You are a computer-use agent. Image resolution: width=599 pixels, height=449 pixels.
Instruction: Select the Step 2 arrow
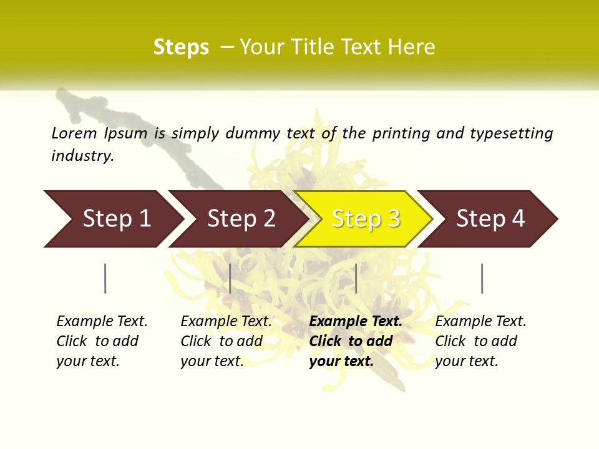(x=240, y=219)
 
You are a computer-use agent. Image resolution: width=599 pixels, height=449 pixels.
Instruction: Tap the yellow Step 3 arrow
(x=365, y=219)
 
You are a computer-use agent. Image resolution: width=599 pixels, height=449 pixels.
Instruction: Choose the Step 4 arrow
(x=490, y=219)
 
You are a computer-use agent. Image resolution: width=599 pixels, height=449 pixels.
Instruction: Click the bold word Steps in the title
(x=181, y=47)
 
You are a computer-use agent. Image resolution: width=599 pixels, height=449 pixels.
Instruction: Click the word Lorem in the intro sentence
(x=74, y=133)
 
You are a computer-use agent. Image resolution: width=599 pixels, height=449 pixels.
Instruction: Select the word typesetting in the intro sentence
(x=511, y=133)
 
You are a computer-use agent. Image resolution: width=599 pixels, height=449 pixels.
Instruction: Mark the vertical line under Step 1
(x=105, y=278)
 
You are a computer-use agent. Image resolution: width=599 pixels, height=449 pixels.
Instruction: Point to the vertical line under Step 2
(x=230, y=278)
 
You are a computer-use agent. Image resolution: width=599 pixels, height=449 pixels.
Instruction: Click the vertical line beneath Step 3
(x=356, y=278)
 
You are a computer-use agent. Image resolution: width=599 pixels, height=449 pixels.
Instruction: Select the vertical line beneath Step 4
(x=482, y=278)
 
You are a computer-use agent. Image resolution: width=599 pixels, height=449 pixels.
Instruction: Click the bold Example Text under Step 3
(x=356, y=321)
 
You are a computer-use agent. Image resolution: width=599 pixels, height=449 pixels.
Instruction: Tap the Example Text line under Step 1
(x=102, y=321)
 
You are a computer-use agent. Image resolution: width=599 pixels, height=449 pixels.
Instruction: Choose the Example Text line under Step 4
(x=480, y=321)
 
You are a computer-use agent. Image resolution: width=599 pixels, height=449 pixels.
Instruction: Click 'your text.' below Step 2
(x=212, y=361)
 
